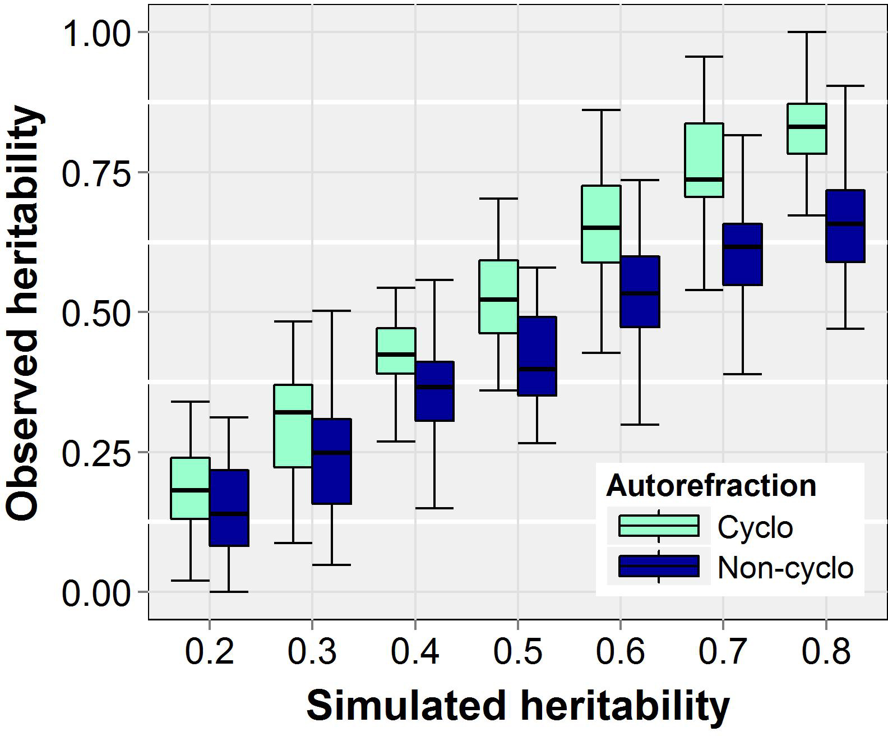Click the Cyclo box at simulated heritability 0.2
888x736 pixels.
point(190,488)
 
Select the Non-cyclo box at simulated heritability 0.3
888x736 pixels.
point(331,461)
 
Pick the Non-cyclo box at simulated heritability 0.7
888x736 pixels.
point(742,254)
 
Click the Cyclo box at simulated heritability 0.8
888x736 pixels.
point(807,128)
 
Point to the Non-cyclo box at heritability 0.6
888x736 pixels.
point(640,292)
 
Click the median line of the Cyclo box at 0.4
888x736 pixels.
point(396,354)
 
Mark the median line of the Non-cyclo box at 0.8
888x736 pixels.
point(845,224)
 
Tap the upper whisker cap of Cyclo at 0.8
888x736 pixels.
point(807,33)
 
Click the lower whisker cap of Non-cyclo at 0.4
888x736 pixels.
point(434,508)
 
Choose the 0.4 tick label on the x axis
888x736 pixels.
point(415,652)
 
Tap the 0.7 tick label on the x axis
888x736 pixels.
point(723,652)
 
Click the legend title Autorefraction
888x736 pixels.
point(711,485)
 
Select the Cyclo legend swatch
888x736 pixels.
point(659,526)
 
